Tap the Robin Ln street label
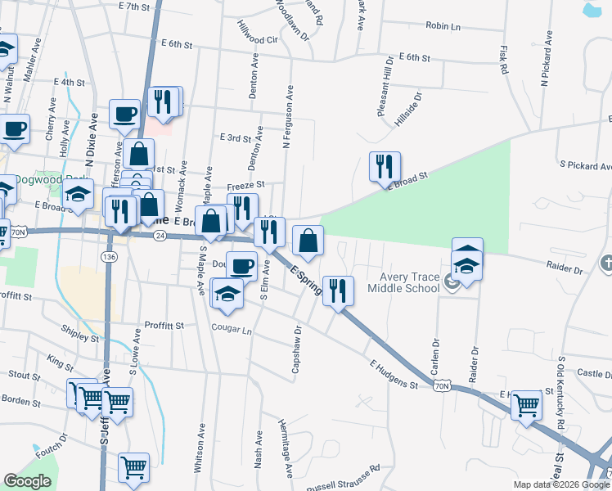(444, 26)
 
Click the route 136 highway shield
(108, 257)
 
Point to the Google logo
(27, 481)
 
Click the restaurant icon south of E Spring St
(336, 289)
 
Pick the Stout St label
(24, 376)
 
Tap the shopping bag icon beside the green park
(308, 241)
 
